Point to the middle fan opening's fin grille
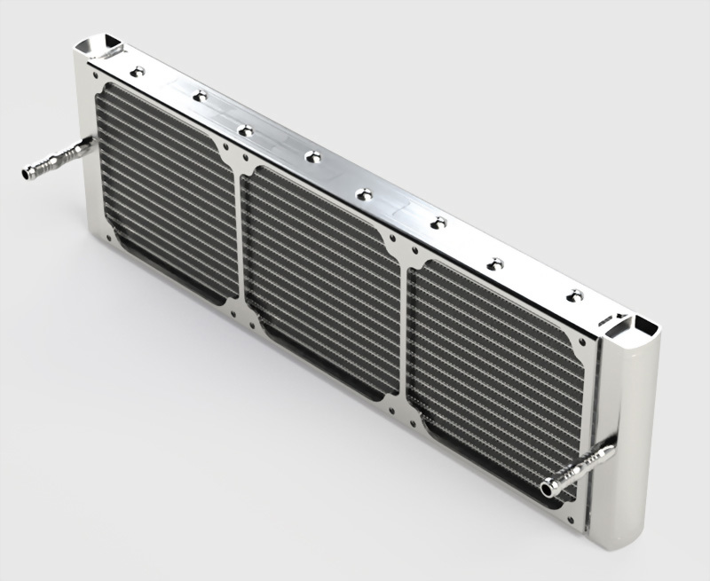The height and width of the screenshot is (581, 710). [x=319, y=276]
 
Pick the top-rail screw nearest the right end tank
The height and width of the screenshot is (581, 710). [x=575, y=294]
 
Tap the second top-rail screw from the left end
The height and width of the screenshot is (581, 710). [x=201, y=95]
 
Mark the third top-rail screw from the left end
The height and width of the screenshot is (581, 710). [x=246, y=130]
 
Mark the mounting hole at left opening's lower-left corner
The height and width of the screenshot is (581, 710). [x=109, y=237]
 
